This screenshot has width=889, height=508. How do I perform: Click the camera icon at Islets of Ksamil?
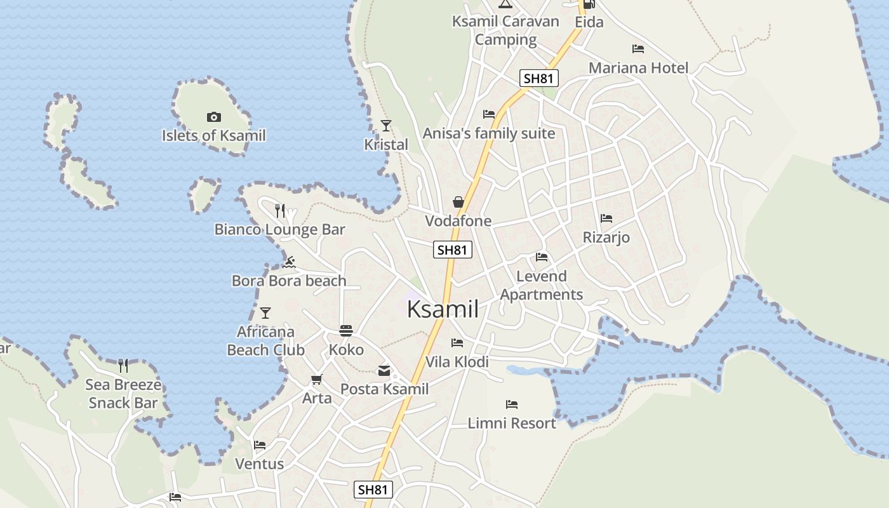tap(214, 117)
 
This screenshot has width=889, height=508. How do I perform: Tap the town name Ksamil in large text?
tap(443, 309)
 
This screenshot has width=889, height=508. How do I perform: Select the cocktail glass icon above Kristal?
tap(386, 125)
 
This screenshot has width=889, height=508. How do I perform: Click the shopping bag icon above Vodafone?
tap(458, 202)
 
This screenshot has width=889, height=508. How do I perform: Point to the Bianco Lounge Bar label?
tap(279, 230)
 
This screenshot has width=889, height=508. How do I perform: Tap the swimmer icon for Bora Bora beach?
tap(290, 262)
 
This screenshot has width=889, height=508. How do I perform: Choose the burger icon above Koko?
tap(346, 331)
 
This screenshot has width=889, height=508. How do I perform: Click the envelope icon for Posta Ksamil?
tap(384, 370)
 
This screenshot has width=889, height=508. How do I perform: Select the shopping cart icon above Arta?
tap(316, 379)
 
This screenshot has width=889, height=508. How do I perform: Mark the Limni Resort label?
tap(512, 423)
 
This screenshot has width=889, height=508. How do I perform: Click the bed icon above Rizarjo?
tap(606, 218)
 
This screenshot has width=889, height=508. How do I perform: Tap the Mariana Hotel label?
tap(638, 68)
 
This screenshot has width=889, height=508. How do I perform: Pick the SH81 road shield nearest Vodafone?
tap(453, 250)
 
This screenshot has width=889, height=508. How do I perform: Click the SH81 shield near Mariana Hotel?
tap(539, 79)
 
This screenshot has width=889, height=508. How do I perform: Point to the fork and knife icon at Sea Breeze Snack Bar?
tap(123, 365)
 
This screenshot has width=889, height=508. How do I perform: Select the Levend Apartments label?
tap(541, 285)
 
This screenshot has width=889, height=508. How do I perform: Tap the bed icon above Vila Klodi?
tap(457, 343)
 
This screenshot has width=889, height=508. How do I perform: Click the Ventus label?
tap(260, 464)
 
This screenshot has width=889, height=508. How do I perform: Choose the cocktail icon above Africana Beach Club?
tap(265, 313)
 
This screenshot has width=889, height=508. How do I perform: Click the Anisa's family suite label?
tap(489, 134)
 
